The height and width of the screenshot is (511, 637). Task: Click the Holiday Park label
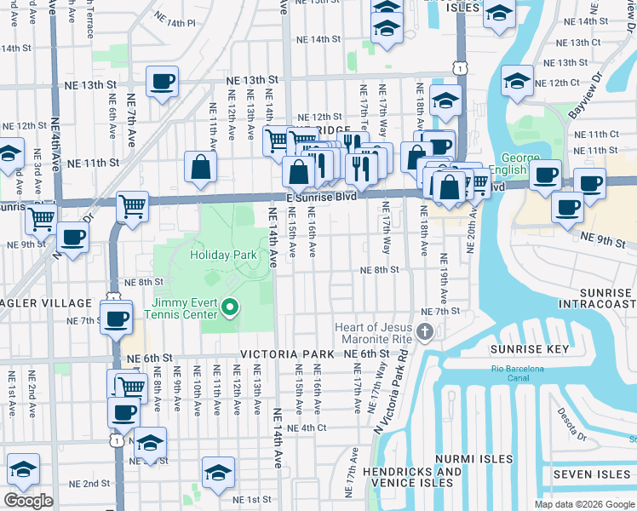222,255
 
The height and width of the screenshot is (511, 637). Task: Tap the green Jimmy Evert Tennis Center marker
228,307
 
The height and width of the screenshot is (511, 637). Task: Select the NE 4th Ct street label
307,428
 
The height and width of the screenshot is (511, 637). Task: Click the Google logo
28,501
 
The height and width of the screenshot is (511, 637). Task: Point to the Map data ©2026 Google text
584,504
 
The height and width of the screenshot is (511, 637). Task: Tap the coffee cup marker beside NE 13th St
162,82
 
